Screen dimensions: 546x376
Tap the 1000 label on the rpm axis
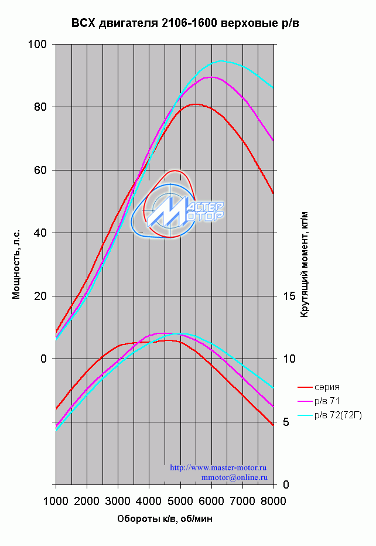[x=56, y=501]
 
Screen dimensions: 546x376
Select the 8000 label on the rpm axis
[x=274, y=501]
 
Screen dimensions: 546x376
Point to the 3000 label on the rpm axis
[x=118, y=501]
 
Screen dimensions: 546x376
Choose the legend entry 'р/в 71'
[x=328, y=401]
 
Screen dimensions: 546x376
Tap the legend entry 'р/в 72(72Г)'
[x=339, y=415]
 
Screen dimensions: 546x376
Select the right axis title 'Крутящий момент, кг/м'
[x=304, y=265]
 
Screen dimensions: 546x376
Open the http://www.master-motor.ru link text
[x=218, y=467]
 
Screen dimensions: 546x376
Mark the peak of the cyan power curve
[x=221, y=61]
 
